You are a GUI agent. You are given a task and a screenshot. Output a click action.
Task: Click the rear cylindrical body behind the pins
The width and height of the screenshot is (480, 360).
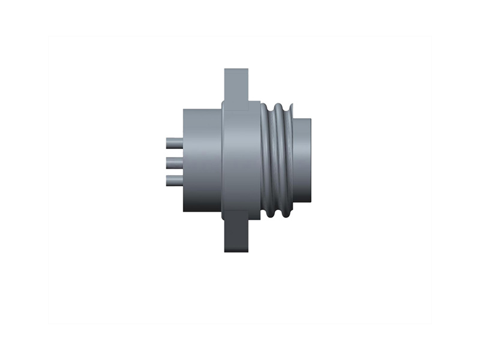click(202, 160)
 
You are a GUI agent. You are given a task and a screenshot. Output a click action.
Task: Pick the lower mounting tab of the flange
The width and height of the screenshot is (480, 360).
click(236, 236)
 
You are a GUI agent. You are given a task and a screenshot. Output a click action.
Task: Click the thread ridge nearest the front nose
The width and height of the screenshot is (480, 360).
click(290, 160)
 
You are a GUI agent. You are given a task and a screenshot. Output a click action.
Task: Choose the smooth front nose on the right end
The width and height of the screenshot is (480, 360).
click(304, 160)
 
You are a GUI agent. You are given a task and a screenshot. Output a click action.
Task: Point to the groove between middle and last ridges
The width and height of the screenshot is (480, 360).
click(284, 160)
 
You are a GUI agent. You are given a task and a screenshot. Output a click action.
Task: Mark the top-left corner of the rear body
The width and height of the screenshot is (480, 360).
click(184, 110)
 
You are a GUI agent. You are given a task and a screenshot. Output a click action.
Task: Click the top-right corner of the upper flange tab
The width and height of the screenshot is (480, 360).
click(248, 70)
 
